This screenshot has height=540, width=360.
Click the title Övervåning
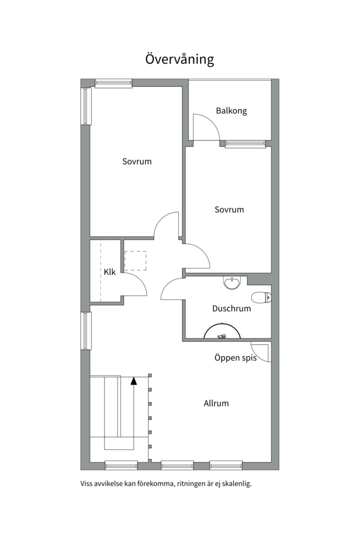click(179, 59)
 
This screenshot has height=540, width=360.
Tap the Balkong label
click(231, 111)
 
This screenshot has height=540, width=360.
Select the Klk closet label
click(109, 271)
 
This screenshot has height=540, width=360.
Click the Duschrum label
click(231, 308)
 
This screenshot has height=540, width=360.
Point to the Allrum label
click(216, 403)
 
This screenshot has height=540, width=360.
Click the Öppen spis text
click(235, 358)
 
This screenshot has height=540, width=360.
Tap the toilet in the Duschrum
click(261, 297)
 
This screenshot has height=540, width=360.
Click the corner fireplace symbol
click(261, 352)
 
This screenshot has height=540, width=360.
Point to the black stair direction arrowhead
click(133, 380)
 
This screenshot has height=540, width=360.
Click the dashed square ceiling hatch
click(135, 260)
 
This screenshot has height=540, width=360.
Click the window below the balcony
click(245, 144)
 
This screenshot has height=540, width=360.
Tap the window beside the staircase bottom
click(121, 465)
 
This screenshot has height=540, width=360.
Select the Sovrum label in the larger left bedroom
click(137, 161)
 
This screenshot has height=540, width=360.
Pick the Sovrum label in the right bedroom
click(229, 209)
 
